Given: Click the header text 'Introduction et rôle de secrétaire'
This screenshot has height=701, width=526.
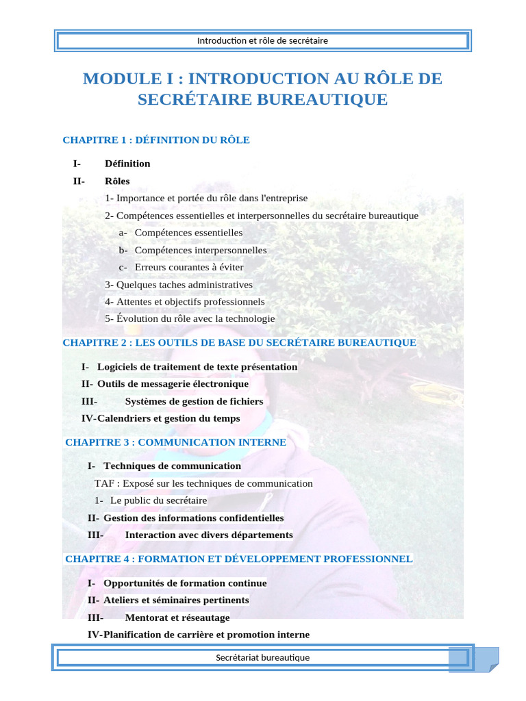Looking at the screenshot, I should pos(262,41).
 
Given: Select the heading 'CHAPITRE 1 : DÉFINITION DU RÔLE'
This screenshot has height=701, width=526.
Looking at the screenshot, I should pos(156,140).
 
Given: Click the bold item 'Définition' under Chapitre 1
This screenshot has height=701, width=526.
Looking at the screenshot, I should pos(127,164).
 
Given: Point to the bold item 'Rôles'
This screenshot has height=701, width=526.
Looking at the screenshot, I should pos(117,181).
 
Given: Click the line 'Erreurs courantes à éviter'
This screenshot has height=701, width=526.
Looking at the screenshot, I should pos(189,268).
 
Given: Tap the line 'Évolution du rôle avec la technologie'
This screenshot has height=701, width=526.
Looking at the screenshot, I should pos(190,319).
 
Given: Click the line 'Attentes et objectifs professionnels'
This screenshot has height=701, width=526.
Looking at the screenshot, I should pos(185,302).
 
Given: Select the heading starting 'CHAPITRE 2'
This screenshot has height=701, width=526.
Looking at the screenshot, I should pos(239,342).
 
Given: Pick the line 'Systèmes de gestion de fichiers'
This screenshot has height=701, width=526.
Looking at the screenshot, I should pos(194,402).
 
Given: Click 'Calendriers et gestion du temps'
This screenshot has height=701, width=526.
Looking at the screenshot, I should pos(168,418).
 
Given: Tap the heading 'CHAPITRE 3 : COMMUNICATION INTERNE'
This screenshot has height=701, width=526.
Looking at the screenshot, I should pos(175,443).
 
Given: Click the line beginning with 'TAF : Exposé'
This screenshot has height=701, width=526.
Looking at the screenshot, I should pos(203,483).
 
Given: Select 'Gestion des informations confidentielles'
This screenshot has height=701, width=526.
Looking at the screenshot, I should pos(193,518).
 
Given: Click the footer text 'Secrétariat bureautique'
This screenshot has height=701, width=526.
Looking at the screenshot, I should pos(262,658).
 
